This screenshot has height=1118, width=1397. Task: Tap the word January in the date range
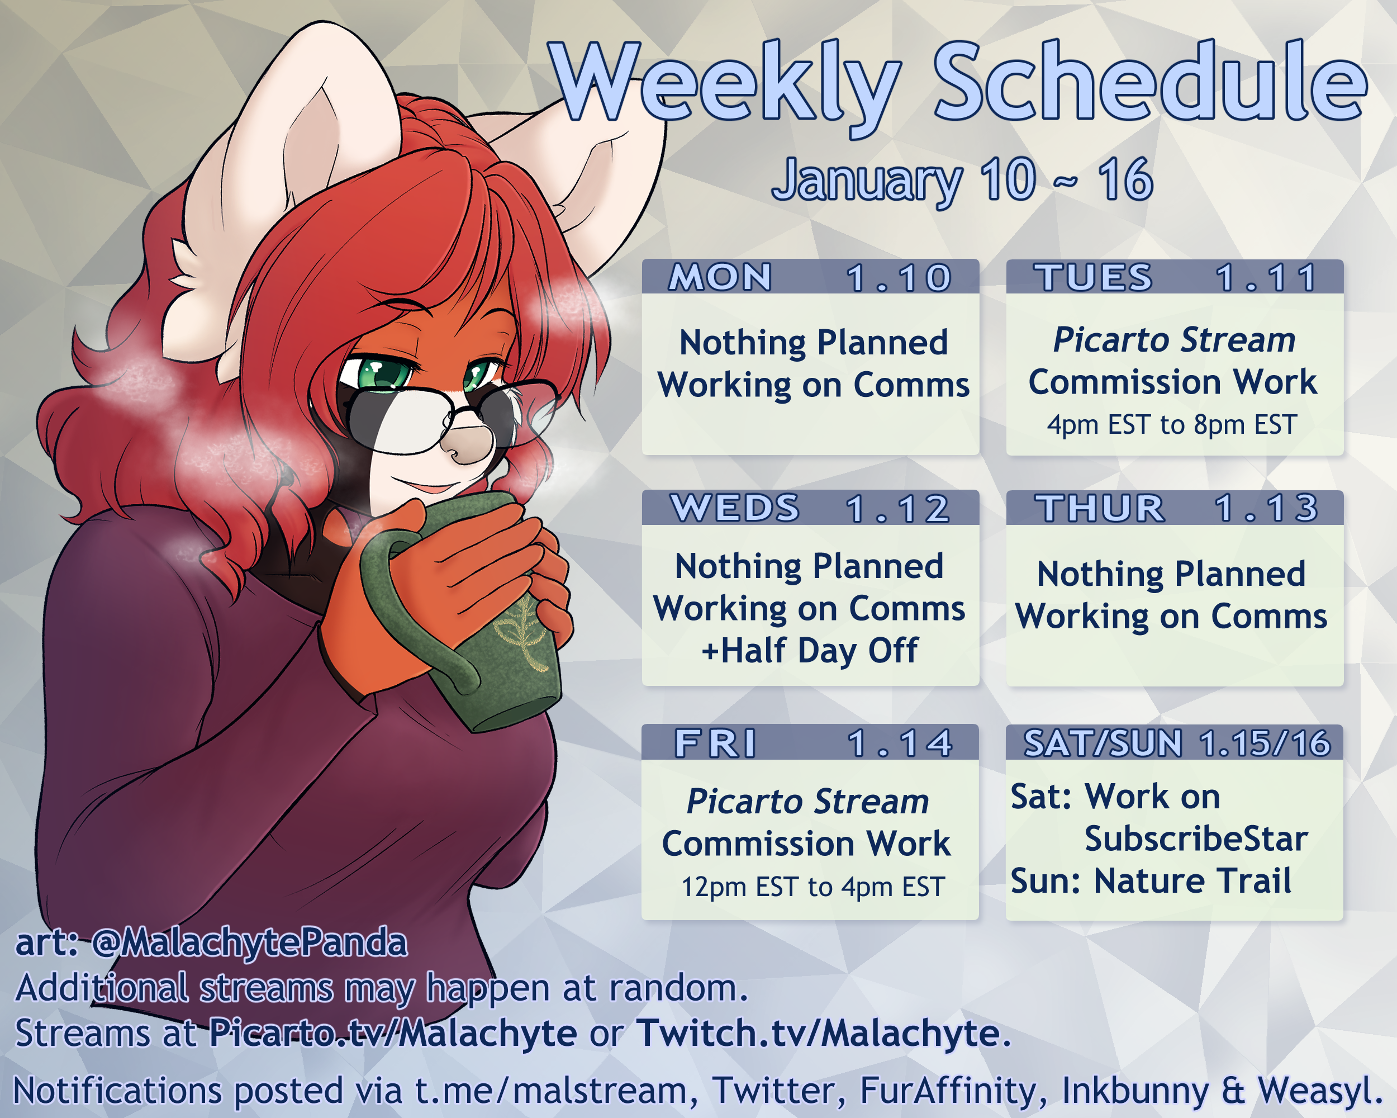coord(867,179)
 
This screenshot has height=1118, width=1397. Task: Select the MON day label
coord(720,277)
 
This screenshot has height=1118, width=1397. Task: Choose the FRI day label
coord(715,743)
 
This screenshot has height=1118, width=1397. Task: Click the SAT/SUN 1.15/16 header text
coord(1177,743)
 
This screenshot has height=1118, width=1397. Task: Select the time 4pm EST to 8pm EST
coord(1171,424)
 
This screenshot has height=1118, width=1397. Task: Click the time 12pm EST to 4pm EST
coord(812,887)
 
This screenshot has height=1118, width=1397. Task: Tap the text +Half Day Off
coord(810,650)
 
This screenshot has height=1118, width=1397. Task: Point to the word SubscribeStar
coord(1196,839)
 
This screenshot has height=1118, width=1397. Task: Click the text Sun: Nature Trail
coord(1151,881)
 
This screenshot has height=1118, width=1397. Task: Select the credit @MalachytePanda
coord(249,942)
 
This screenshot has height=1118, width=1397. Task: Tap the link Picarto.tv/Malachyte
coord(393,1033)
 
